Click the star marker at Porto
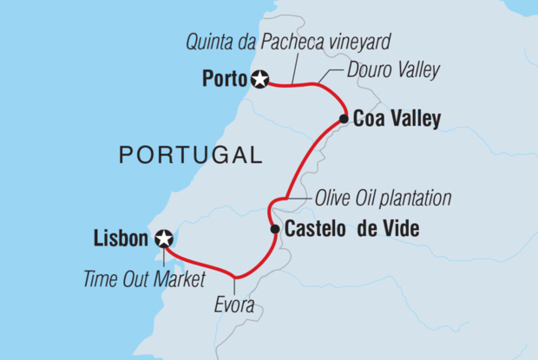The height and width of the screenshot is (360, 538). pyautogui.click(x=259, y=80)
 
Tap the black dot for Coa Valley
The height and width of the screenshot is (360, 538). pyautogui.click(x=344, y=120)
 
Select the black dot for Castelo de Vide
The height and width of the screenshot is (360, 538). pyautogui.click(x=275, y=229)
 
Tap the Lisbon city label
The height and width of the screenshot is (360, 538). pyautogui.click(x=121, y=238)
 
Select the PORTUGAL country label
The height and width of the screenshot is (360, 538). pyautogui.click(x=190, y=156)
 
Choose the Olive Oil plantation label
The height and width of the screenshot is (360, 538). pyautogui.click(x=384, y=199)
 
